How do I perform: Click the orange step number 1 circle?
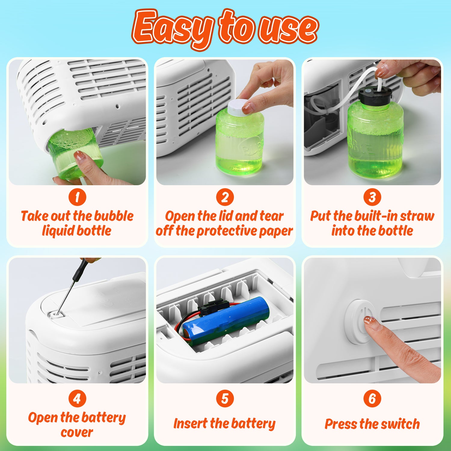point(77,197)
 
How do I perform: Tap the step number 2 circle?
point(225,197)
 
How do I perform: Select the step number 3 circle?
point(372,197)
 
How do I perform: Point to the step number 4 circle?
point(77,399)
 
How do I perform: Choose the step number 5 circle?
point(225,399)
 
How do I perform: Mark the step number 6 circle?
point(372,399)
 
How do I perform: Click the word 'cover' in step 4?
point(77,433)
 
